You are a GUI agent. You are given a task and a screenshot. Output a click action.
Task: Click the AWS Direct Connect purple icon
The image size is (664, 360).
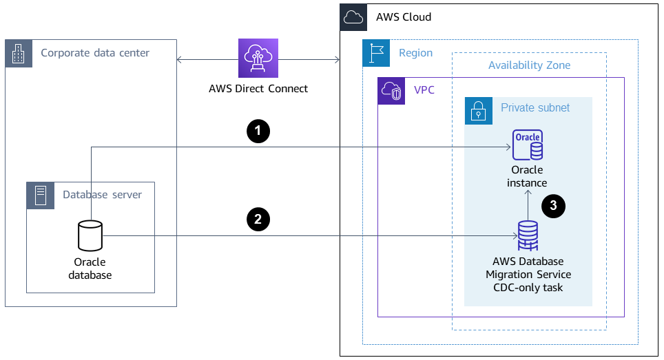258,59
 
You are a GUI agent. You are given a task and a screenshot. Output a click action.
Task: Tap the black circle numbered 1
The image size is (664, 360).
258,131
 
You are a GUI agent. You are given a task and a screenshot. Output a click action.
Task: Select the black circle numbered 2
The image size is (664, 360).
258,220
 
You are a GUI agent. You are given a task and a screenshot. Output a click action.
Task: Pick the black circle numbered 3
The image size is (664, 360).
554,206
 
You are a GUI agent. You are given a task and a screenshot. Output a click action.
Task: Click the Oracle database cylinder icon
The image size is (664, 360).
90,236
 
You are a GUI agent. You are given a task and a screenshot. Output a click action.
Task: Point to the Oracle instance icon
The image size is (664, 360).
527,145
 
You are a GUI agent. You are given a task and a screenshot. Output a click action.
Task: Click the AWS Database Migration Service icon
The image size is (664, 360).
528,235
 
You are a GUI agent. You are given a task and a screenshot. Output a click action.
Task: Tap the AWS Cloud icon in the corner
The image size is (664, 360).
353,17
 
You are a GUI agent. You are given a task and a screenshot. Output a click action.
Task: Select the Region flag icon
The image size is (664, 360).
375,53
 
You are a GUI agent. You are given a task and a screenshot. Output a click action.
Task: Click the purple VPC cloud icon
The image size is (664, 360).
391,91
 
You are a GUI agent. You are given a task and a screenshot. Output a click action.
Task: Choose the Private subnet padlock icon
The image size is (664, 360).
478,109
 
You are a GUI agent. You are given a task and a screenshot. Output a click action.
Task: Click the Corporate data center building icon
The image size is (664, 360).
19,53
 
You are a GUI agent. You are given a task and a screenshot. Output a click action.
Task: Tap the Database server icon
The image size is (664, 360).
39,195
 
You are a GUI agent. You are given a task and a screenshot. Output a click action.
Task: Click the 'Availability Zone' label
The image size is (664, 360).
529,65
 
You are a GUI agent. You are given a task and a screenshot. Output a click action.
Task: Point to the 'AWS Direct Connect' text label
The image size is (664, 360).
258,89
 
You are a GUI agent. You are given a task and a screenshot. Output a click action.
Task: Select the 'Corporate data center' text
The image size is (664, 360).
95,53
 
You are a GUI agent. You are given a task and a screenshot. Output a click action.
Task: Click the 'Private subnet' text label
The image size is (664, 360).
535,108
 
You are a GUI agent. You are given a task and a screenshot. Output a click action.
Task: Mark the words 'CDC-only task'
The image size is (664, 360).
528,287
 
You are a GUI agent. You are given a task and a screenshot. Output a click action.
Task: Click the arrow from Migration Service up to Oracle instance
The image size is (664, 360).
528,204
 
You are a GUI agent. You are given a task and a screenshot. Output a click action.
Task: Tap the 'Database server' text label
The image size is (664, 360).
102,195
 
